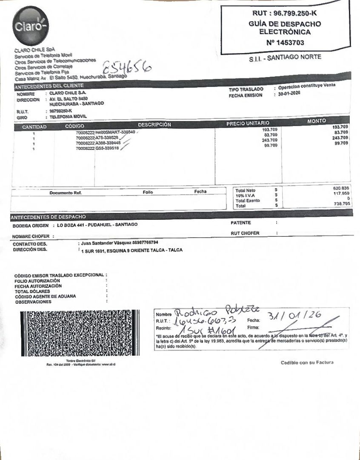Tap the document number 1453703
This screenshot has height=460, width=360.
coord(285,43)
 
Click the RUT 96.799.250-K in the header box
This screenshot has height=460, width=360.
coord(285,14)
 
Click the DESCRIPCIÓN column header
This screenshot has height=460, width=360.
coord(154,125)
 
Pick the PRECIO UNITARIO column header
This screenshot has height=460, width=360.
coord(248,124)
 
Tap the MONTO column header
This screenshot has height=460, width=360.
coord(316,121)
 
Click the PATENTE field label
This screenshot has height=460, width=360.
coord(241,223)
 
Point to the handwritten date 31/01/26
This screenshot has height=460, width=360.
coord(295,316)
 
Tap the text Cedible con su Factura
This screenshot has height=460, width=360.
coord(307,362)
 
